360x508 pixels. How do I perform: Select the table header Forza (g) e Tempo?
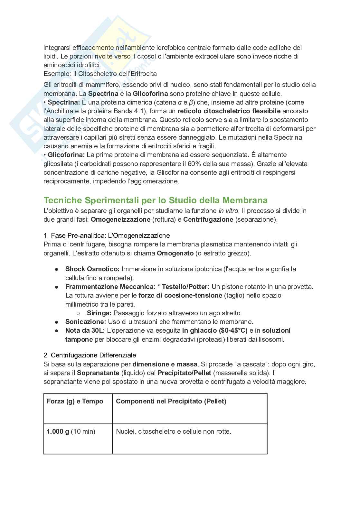point(75,401)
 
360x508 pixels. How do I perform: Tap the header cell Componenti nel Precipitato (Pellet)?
point(171,401)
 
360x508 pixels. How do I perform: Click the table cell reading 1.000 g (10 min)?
point(71,431)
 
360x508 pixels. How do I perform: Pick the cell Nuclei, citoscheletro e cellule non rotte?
point(174,431)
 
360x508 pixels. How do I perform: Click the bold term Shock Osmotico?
point(92,269)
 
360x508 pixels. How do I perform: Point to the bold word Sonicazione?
point(85,322)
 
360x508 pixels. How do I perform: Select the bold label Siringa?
point(99,313)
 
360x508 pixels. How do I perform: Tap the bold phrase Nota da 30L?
point(85,330)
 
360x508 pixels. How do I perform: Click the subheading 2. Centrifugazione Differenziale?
point(90,355)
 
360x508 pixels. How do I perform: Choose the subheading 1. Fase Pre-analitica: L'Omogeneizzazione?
point(106,236)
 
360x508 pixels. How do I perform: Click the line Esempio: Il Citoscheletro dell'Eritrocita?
point(100,74)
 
